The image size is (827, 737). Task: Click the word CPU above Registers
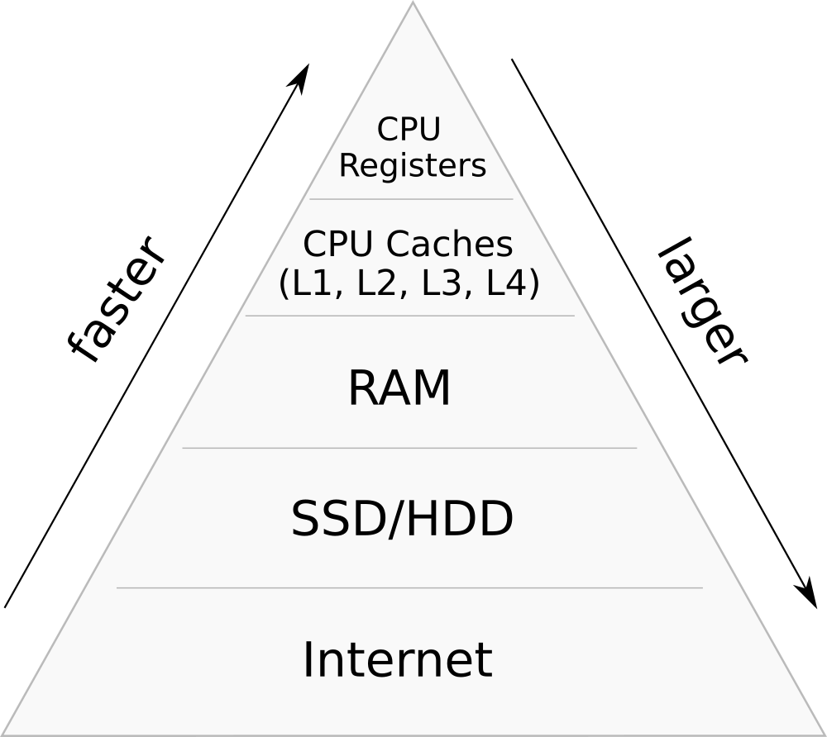click(x=409, y=130)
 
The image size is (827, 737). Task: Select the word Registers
click(x=412, y=166)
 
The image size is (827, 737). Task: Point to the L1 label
click(x=313, y=284)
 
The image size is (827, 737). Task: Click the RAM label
click(x=399, y=389)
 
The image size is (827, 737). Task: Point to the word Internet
click(x=397, y=660)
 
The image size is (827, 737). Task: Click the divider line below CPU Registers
click(x=411, y=199)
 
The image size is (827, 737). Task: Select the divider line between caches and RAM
click(x=409, y=316)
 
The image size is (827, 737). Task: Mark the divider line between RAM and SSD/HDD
click(x=409, y=448)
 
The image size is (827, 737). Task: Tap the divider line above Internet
click(x=409, y=588)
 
